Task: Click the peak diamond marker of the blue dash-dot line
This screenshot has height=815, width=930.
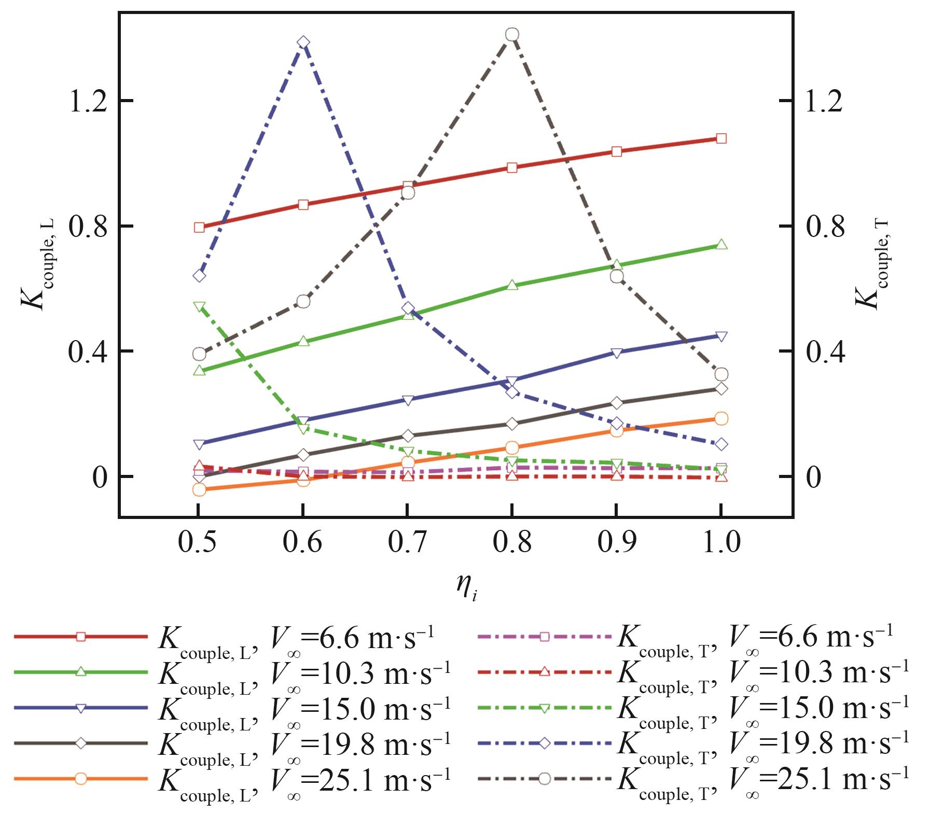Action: point(303,43)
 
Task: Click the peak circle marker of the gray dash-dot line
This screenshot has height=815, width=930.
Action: point(512,35)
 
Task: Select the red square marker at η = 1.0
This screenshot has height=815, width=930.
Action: point(721,138)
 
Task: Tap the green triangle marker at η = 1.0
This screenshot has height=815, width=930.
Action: point(721,245)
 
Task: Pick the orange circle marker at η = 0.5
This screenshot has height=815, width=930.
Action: point(199,489)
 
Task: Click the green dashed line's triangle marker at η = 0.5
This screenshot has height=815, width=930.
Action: point(199,306)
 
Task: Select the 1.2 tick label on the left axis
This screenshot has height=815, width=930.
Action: point(87,101)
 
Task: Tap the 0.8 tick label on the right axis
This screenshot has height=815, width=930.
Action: point(825,227)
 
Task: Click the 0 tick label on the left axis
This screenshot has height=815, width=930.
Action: point(100,477)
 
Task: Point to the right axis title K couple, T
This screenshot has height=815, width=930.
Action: point(872,264)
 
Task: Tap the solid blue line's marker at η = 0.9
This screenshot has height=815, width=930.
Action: point(617,353)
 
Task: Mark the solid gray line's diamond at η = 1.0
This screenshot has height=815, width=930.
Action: point(721,389)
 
